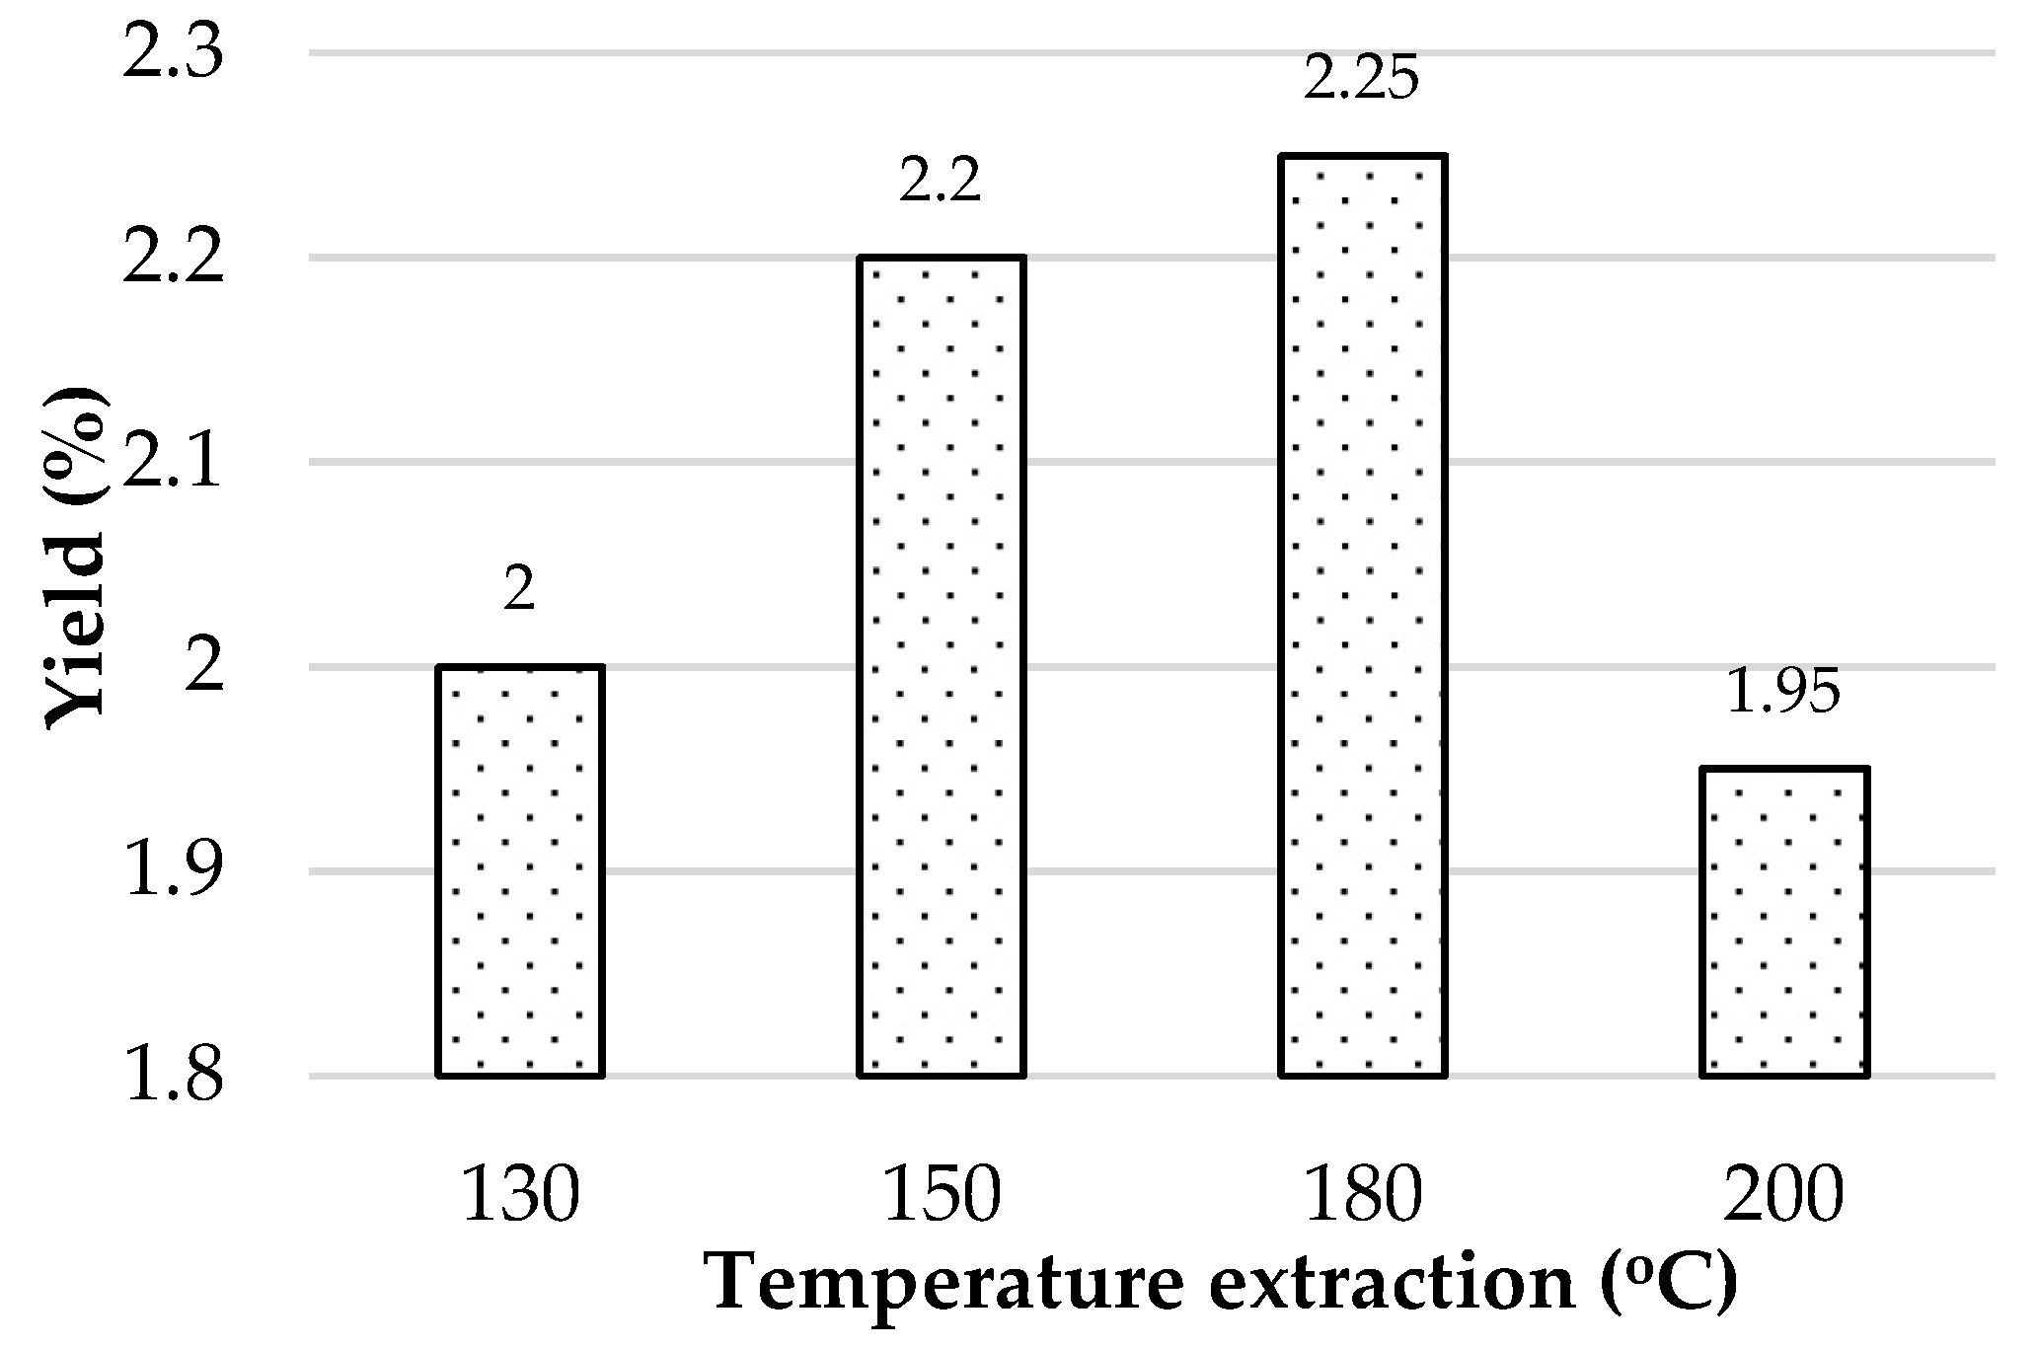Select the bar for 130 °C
520,870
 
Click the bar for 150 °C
942,666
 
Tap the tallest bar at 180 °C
1363,615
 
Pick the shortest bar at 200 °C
1784,922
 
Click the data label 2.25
1361,79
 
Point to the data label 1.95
1783,693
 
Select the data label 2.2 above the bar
940,183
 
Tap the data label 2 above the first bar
519,590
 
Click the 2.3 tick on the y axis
173,54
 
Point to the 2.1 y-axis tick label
173,464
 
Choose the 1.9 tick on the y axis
173,872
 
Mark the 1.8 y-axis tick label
173,1077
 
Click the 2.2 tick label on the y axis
173,260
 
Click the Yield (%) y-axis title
77,558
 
